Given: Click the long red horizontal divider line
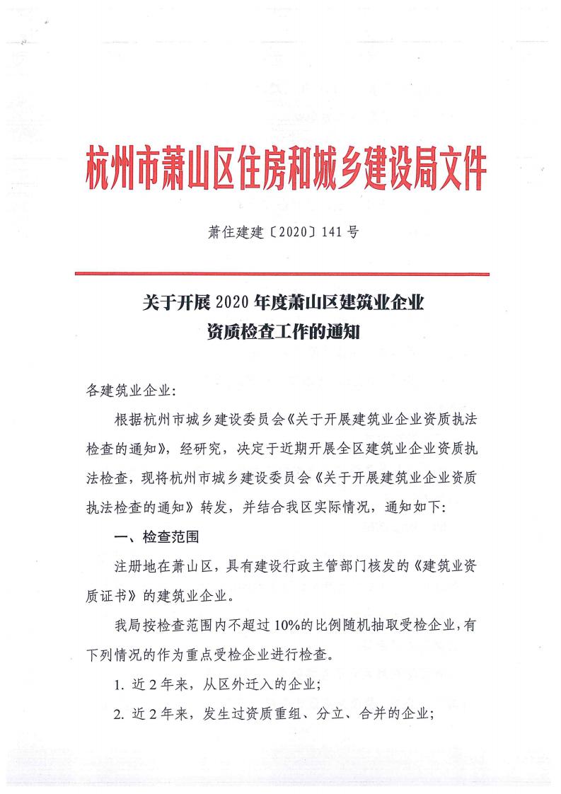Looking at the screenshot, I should (x=282, y=272).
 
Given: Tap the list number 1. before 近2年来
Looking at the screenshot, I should (x=118, y=684).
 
